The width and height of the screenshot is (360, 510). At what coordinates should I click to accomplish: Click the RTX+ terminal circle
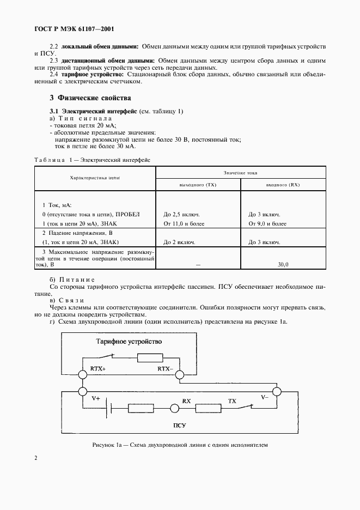82,375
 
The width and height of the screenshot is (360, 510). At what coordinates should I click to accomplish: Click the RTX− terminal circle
182,375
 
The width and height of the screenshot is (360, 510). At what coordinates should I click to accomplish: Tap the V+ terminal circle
82,391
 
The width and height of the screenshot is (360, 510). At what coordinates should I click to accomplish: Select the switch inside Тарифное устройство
108,357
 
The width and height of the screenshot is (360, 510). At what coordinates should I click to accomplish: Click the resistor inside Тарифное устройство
148,358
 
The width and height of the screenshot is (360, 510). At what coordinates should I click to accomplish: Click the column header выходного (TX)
198,185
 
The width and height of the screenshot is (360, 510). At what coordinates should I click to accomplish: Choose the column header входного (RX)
283,185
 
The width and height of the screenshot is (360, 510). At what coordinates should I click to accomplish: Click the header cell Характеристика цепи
95,178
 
